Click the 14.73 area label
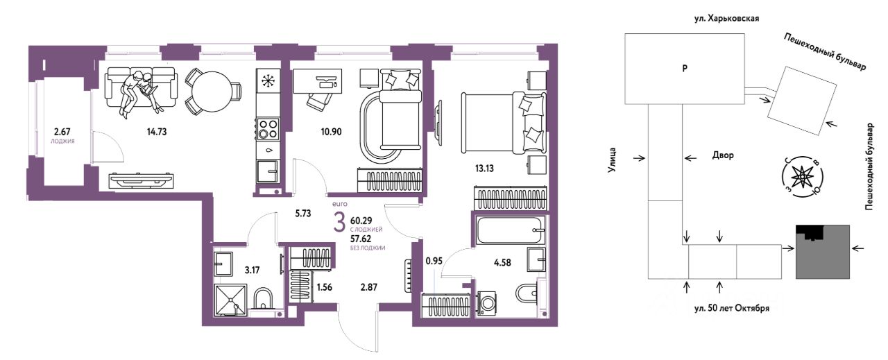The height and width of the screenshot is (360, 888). pos(157,132)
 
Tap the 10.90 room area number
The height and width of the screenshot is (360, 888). pos(331,132)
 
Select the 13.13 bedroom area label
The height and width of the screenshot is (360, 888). pos(484,169)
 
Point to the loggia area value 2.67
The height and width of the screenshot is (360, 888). pos(62,131)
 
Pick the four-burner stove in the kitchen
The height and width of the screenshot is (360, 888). pos(268,129)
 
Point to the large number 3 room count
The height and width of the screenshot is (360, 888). pos(339,223)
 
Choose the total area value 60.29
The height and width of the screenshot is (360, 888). pos(361,221)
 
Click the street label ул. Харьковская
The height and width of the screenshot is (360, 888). pos(726,18)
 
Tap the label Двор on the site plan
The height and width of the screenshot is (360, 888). pos(723,155)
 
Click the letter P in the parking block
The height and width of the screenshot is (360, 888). pos(685,68)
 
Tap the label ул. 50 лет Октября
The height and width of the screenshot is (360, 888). pos(732,308)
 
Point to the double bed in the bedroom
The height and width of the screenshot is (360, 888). pos(504,123)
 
